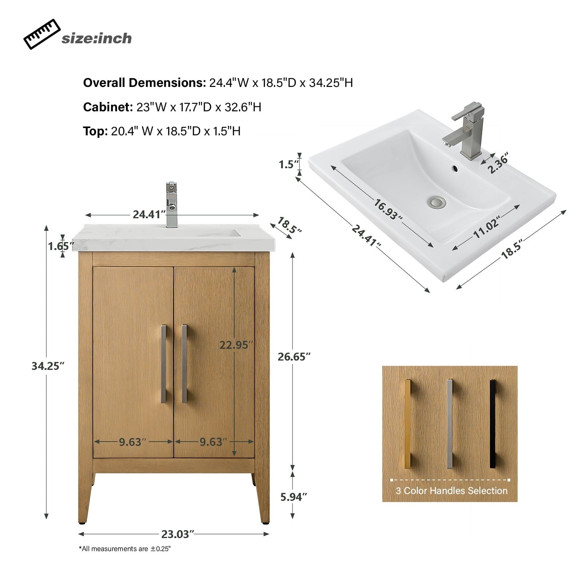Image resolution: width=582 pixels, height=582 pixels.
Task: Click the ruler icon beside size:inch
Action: click(42, 34)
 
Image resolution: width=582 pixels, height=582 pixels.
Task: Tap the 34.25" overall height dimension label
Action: click(48, 366)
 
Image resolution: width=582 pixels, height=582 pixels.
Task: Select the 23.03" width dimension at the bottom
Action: click(176, 534)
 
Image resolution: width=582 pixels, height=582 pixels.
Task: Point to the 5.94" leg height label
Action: click(294, 497)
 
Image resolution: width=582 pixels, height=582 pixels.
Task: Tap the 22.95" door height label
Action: click(236, 345)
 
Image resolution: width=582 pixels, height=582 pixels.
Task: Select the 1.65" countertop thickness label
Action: click(59, 246)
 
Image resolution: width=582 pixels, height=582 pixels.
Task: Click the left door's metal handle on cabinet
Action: click(164, 364)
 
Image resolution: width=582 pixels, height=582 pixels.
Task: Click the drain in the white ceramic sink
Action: click(436, 202)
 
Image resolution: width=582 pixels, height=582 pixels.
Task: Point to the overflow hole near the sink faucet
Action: click(455, 169)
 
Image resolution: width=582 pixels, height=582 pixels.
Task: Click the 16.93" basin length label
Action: click(388, 210)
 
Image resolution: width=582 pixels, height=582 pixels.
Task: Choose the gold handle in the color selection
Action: click(407, 423)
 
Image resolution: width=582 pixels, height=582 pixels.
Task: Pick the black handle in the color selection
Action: click(493, 423)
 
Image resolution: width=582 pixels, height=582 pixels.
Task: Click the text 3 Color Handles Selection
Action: click(451, 491)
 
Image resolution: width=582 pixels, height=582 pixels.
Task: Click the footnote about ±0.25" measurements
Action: click(125, 549)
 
